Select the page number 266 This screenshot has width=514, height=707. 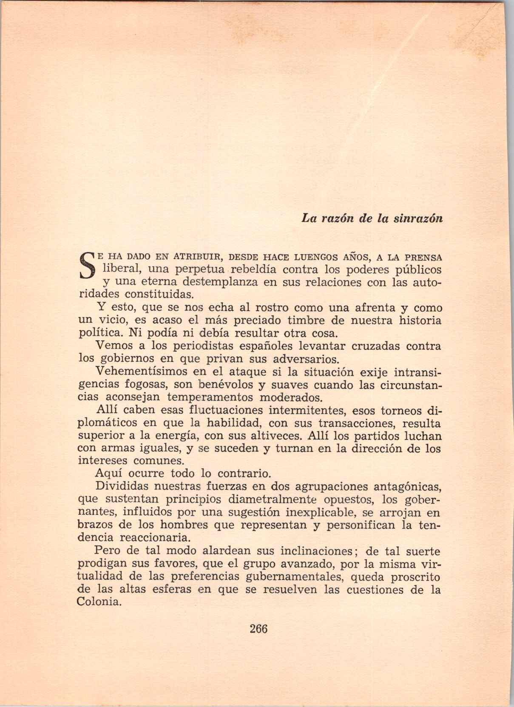click(258, 628)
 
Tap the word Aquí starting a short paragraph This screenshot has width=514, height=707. click(108, 473)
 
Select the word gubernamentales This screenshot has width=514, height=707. click(294, 576)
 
